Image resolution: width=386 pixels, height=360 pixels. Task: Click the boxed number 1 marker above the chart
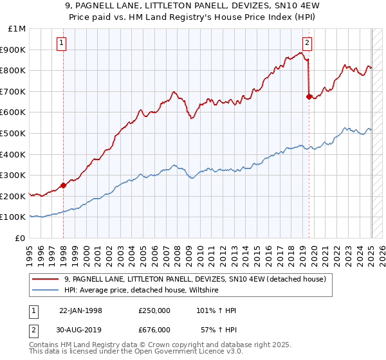[x=61, y=44]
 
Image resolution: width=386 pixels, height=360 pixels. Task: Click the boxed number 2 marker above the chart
[x=307, y=44]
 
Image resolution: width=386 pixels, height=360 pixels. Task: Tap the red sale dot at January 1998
[x=64, y=186]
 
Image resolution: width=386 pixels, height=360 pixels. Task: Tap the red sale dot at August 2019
[x=309, y=96]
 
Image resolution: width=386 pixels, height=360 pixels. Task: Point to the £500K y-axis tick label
[x=14, y=133]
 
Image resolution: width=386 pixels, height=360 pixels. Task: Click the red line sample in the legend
[x=46, y=279]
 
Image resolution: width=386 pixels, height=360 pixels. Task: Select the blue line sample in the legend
[x=46, y=290]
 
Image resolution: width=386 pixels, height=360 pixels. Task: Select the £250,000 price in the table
[x=154, y=310]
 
